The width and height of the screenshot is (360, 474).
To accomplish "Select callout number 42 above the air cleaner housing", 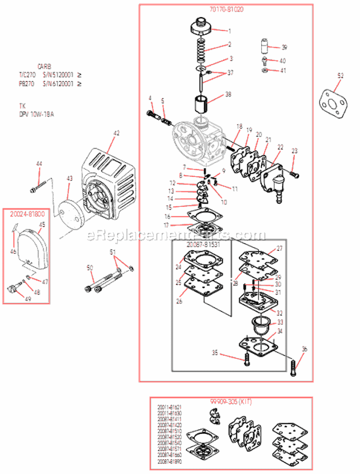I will click(116, 133).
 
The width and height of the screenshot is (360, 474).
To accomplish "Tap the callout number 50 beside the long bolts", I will click(89, 267).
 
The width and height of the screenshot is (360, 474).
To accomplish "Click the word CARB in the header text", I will click(44, 66).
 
